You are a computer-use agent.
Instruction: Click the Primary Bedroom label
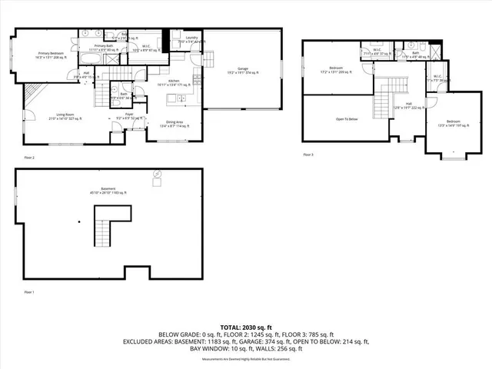click(x=51, y=55)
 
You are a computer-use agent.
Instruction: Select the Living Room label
click(x=65, y=117)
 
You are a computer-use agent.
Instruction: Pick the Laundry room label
click(x=191, y=39)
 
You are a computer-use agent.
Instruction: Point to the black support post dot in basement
click(x=78, y=222)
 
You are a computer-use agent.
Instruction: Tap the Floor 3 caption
click(x=307, y=155)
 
